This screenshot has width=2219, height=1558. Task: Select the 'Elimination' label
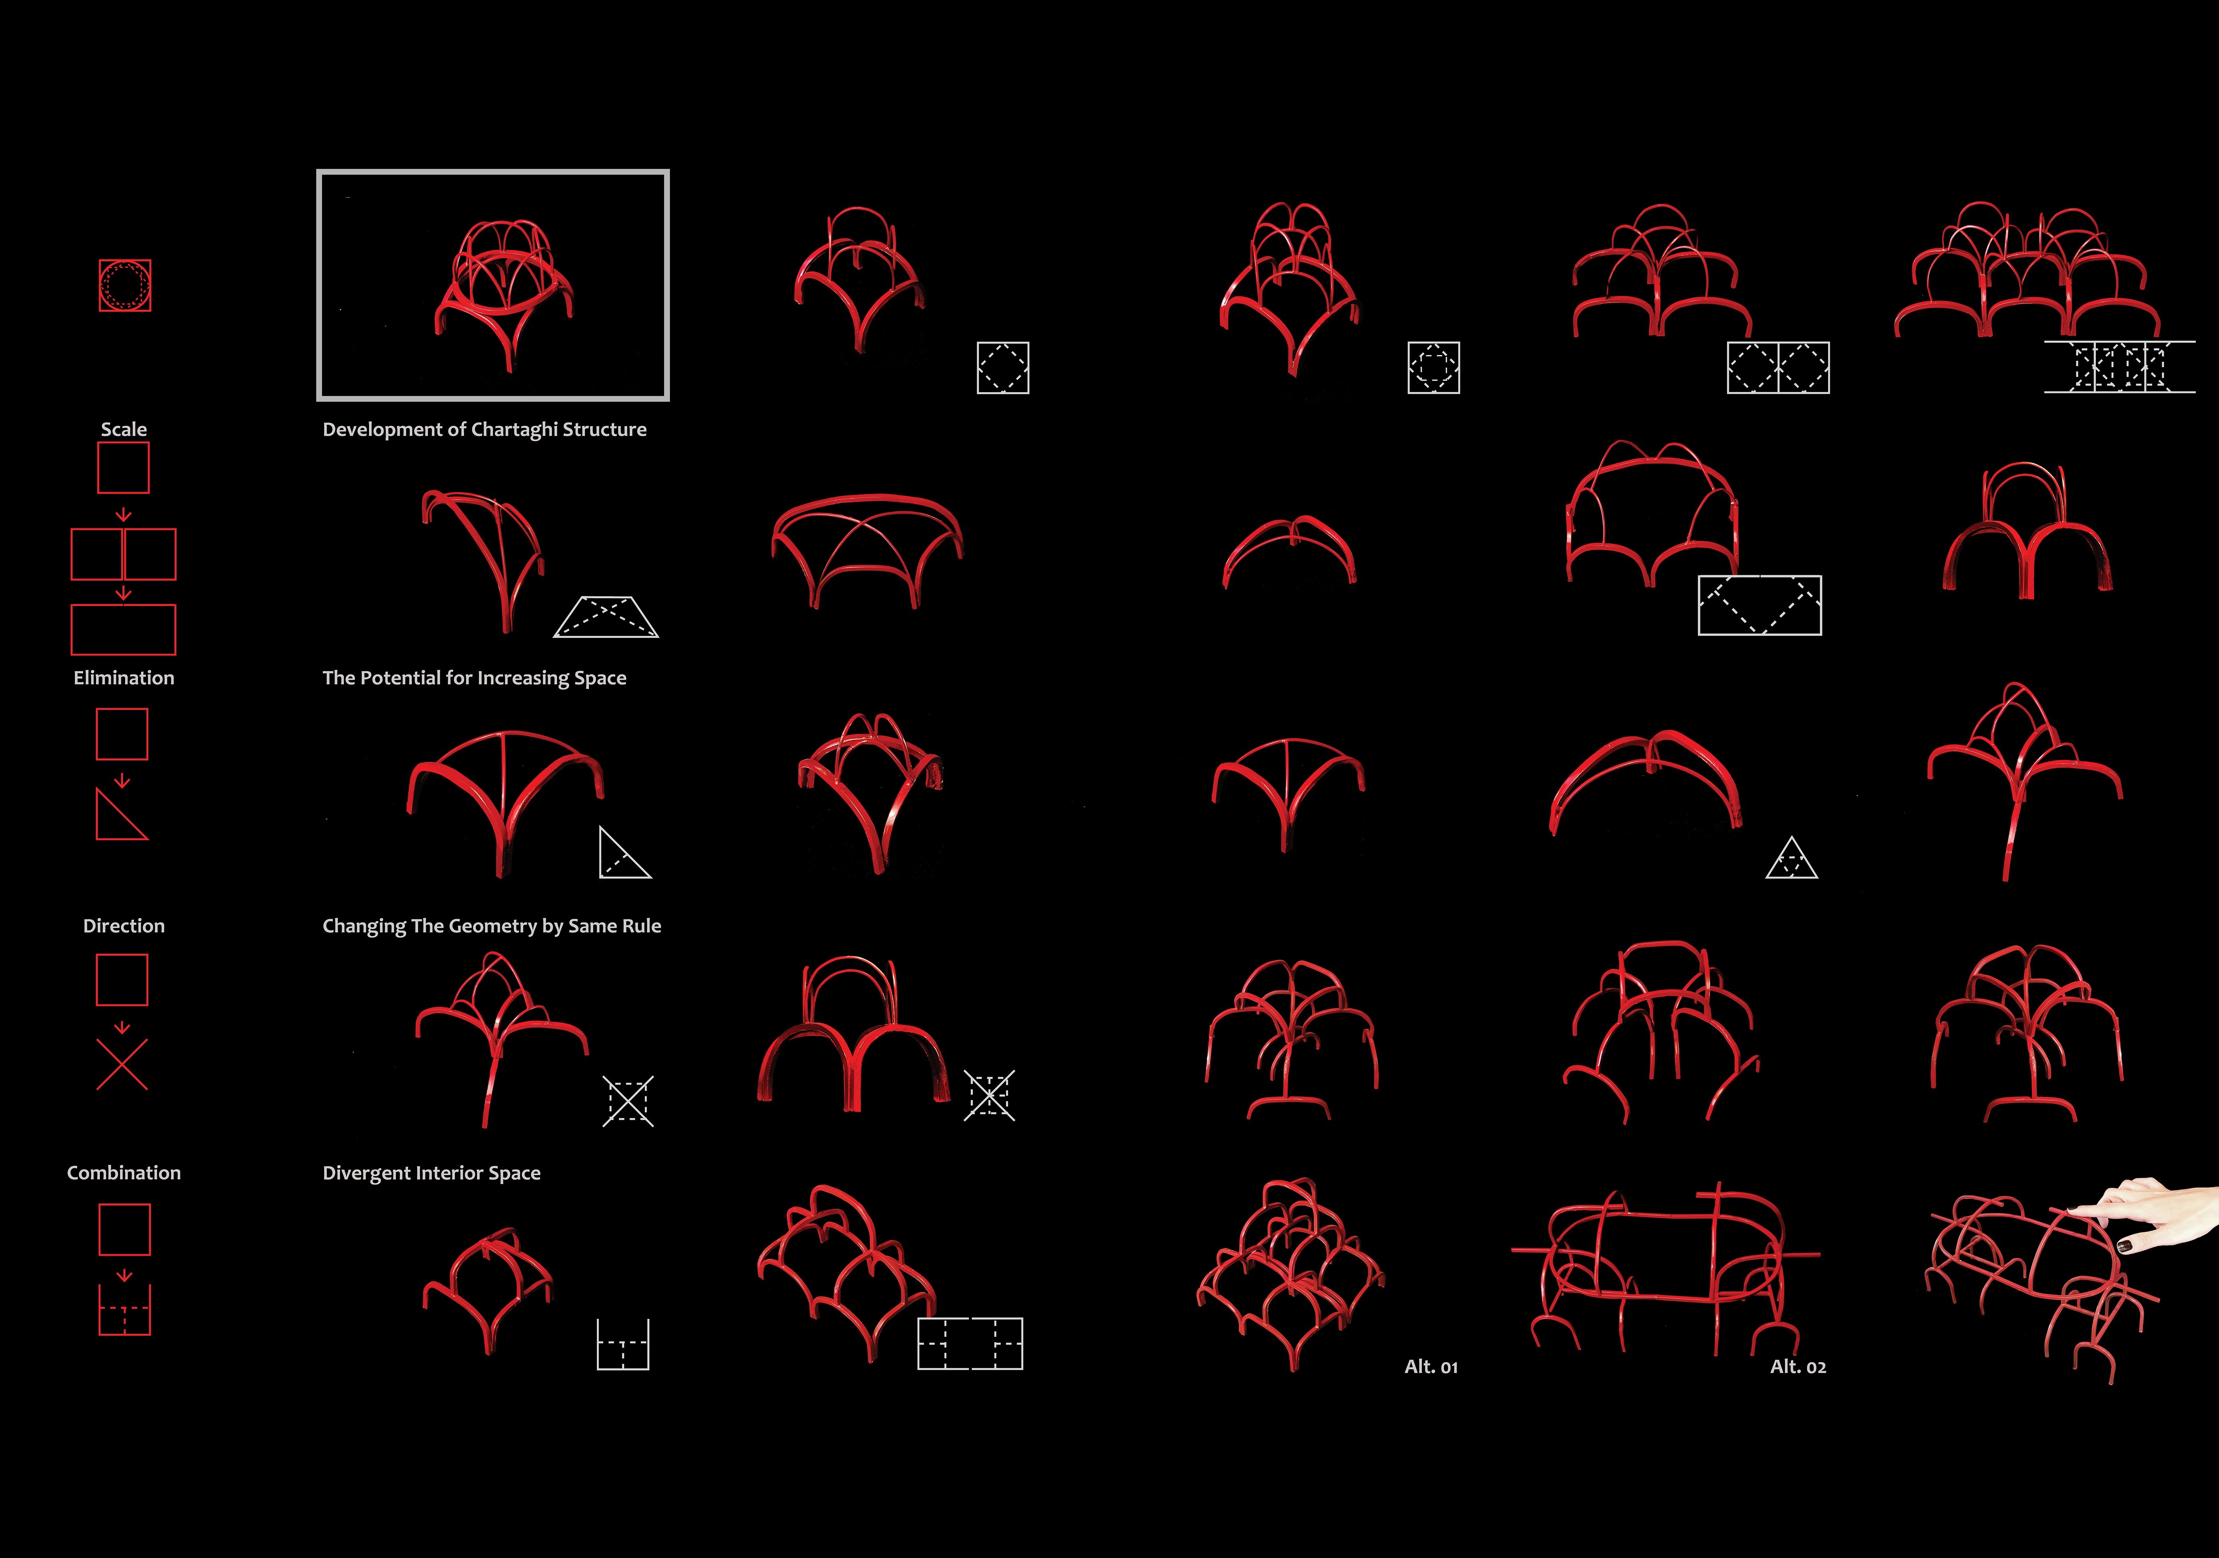(124, 677)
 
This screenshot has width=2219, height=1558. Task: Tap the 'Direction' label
(124, 926)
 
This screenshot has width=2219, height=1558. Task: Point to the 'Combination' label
(124, 1172)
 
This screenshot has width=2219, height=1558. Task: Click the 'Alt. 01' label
(1430, 1367)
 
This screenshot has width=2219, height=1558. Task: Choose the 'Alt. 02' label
(1798, 1367)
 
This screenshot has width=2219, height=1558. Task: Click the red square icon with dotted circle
(125, 285)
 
